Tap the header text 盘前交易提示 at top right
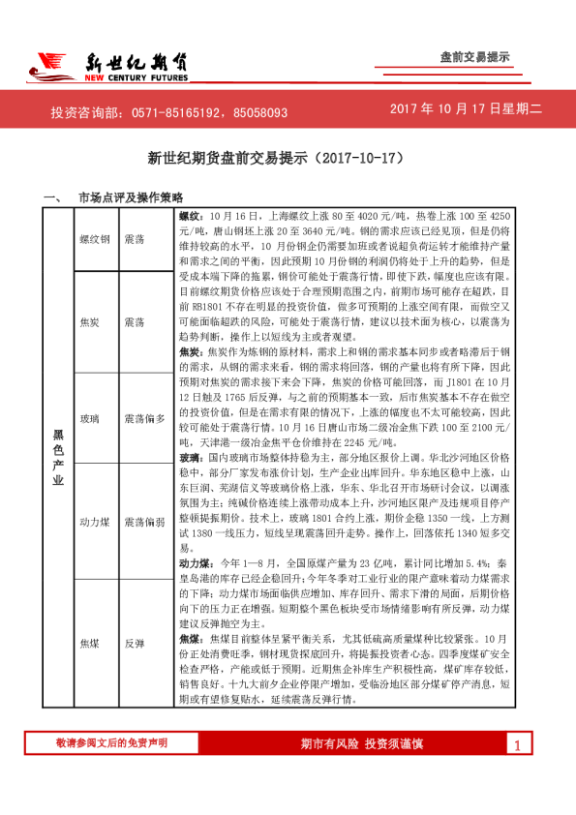click(474, 57)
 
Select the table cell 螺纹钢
click(96, 238)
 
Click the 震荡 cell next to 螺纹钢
click(136, 238)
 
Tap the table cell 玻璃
click(90, 418)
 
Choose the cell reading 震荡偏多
click(144, 418)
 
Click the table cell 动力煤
click(96, 522)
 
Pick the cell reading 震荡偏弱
click(144, 522)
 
